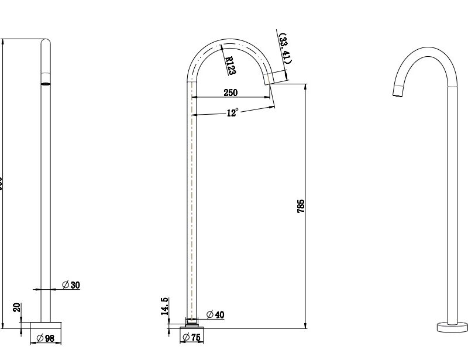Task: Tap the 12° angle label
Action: [232, 113]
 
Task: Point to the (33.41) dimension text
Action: [285, 49]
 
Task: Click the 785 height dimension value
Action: [301, 206]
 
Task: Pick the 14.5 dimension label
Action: [166, 306]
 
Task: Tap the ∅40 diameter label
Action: [215, 315]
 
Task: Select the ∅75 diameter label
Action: [192, 337]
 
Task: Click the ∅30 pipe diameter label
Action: [71, 285]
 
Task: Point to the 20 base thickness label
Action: [17, 308]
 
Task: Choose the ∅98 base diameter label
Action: [46, 338]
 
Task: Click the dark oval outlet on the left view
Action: [45, 84]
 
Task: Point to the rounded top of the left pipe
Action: [45, 42]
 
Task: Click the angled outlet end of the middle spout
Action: [271, 78]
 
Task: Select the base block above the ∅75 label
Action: [192, 327]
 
